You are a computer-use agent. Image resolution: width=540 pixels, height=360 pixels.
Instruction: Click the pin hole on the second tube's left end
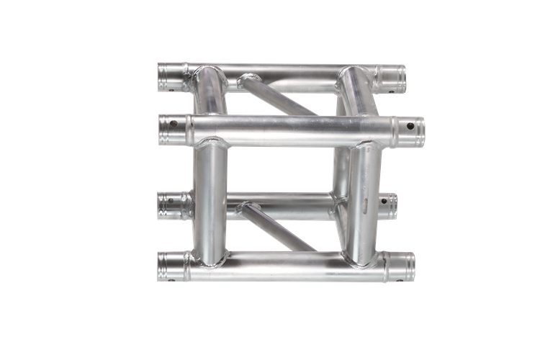pos(173,124)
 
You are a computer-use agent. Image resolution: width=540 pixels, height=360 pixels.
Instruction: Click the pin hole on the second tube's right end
pos(410,126)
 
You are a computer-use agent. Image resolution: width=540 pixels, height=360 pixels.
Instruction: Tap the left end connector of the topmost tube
pos(171,75)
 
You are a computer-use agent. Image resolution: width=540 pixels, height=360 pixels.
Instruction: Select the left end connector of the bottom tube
pos(171,266)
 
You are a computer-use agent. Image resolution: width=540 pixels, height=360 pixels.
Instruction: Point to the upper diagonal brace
pos(277,95)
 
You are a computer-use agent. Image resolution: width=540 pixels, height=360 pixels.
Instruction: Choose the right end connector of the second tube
pos(409,130)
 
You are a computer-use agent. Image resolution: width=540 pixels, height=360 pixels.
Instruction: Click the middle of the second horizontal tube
pos(288,130)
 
